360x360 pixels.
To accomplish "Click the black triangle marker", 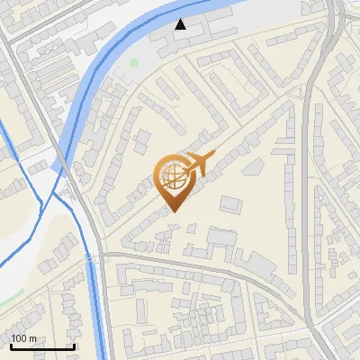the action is [182, 24].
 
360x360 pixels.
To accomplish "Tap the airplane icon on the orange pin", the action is [198, 165].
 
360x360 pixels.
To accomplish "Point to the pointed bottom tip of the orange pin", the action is [175, 212].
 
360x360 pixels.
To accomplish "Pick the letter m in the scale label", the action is [32, 338].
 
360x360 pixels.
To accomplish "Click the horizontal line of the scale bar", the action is [41, 346].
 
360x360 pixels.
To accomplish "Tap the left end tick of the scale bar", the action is [11, 345].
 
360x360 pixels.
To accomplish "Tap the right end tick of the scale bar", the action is [73, 345].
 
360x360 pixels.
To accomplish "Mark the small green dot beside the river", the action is [134, 63].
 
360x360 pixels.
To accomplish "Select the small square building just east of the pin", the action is [230, 205].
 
